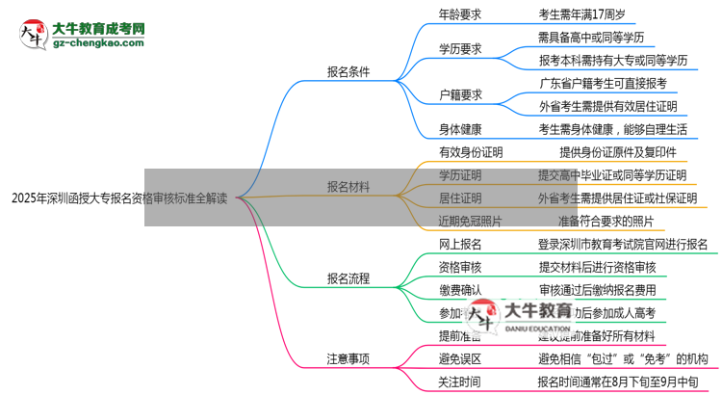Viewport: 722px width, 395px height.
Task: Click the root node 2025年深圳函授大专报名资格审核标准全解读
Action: tap(119, 199)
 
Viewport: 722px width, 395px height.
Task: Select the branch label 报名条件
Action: tap(348, 70)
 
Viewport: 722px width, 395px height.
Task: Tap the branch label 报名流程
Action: tap(348, 279)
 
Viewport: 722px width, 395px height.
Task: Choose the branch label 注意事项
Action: tap(348, 358)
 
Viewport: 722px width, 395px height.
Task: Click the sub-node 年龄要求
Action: tap(460, 13)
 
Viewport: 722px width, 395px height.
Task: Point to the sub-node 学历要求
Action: tap(460, 48)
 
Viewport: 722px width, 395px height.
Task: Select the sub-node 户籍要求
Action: tap(460, 94)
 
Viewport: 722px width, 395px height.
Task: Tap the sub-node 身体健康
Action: tap(460, 128)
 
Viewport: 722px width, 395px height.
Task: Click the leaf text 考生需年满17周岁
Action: tap(586, 13)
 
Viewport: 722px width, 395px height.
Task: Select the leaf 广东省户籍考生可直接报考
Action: tap(603, 83)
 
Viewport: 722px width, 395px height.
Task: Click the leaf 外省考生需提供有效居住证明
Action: tap(607, 106)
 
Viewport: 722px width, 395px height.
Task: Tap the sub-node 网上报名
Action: tap(460, 245)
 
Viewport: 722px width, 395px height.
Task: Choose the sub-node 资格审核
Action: tap(460, 267)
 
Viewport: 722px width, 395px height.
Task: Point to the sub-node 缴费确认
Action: tap(460, 290)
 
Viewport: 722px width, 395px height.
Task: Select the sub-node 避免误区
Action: tap(460, 358)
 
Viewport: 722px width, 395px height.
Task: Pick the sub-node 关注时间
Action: tap(460, 382)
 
